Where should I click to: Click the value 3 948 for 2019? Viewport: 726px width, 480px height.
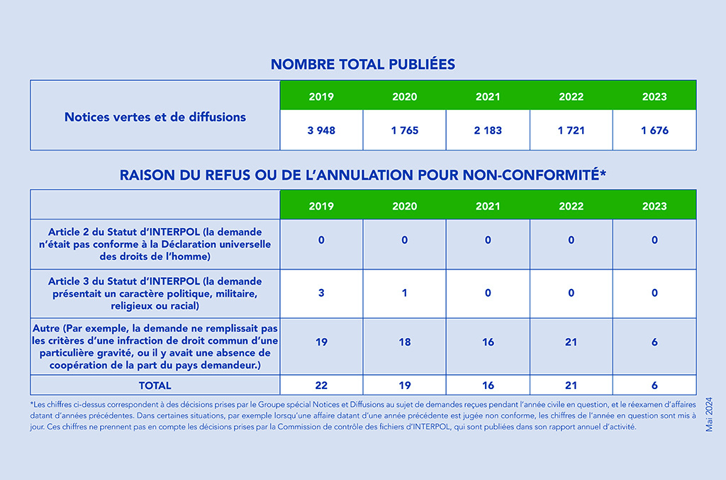(x=321, y=131)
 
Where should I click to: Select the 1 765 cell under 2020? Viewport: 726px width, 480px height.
(x=405, y=131)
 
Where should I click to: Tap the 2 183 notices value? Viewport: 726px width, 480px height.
(x=488, y=131)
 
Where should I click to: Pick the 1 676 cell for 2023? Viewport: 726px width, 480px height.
(x=654, y=131)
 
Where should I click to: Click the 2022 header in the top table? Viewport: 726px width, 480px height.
(x=571, y=97)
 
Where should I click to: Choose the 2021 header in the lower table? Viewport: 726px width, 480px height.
(x=488, y=207)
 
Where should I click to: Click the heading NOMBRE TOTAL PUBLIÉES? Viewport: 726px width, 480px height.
(x=363, y=64)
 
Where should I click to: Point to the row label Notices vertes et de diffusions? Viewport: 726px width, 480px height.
(x=155, y=117)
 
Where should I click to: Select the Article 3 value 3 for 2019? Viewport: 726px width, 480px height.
(x=321, y=293)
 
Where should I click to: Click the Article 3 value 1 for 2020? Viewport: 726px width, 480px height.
(x=405, y=293)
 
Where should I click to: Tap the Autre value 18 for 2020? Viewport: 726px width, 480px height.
(x=405, y=342)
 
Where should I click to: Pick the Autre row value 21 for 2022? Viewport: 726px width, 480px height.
(x=571, y=342)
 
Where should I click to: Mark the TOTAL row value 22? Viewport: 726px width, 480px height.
(x=321, y=386)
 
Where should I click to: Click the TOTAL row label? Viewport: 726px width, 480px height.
(x=155, y=386)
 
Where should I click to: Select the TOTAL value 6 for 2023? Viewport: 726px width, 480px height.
(x=654, y=386)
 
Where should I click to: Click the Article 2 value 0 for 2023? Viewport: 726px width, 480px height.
(x=654, y=240)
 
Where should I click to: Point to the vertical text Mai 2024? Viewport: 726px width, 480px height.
(x=709, y=415)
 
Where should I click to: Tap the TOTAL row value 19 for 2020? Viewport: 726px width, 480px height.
(x=405, y=386)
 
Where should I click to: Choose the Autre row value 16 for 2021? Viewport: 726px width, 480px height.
(x=488, y=342)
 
